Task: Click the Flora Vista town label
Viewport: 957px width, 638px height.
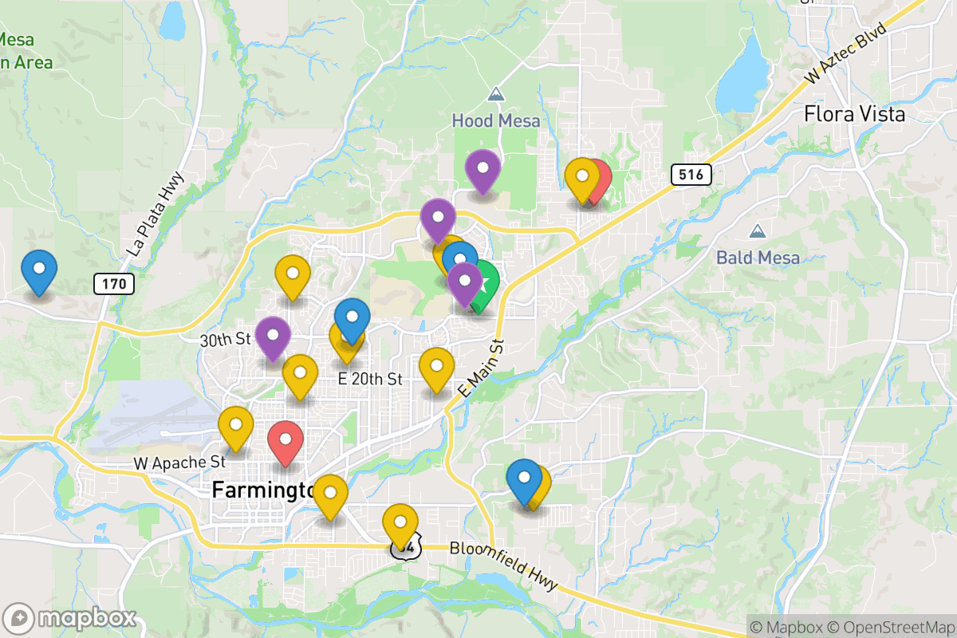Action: pyautogui.click(x=854, y=114)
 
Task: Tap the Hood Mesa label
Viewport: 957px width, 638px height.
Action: pyautogui.click(x=496, y=121)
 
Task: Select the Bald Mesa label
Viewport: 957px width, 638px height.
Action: pyautogui.click(x=757, y=257)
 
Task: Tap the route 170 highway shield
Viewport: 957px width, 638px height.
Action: pyautogui.click(x=113, y=282)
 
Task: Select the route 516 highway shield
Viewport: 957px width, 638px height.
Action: pyautogui.click(x=690, y=175)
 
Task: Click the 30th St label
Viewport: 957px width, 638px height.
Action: pyautogui.click(x=226, y=340)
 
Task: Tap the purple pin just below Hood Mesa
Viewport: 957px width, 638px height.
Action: pyautogui.click(x=482, y=168)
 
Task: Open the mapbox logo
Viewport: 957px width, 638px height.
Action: pyautogui.click(x=72, y=618)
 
